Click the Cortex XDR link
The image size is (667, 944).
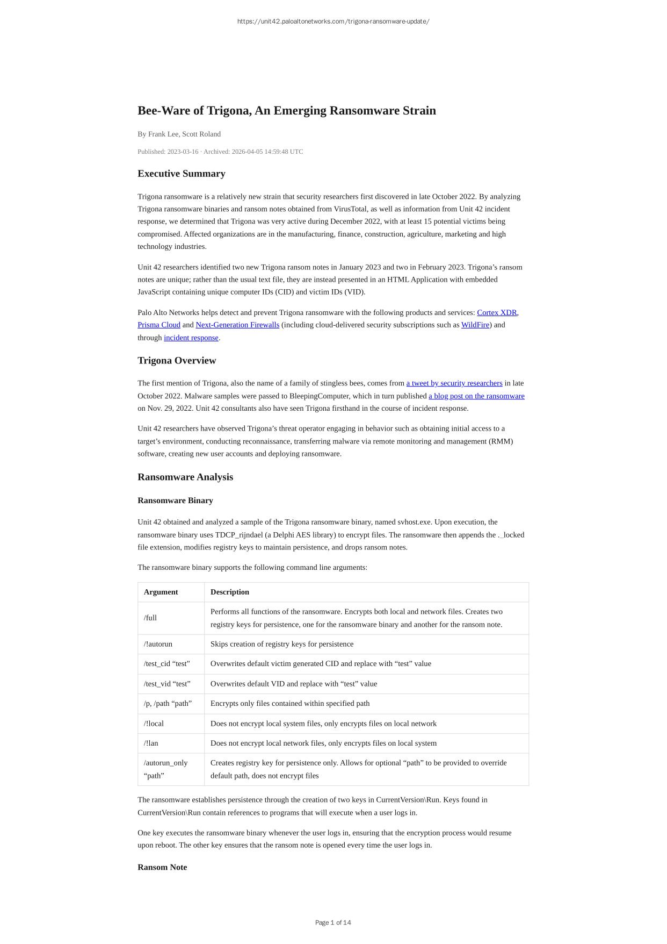coord(497,312)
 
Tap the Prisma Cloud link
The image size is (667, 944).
coord(159,325)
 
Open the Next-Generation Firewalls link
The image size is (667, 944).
coord(237,325)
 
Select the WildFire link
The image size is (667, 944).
coord(475,325)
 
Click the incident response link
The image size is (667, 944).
coord(191,338)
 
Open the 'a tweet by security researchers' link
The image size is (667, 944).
coord(454,383)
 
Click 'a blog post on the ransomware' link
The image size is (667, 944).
coord(476,396)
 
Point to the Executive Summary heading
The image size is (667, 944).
coord(182,174)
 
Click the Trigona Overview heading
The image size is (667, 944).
coord(177,361)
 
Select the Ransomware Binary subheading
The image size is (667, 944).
coord(175,500)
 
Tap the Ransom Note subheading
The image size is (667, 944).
coord(162,867)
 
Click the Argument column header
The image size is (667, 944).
coord(161,592)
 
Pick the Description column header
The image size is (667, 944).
coord(230,592)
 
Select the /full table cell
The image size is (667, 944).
coord(150,618)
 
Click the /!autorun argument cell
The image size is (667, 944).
coord(158,644)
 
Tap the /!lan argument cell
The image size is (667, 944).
coord(151,743)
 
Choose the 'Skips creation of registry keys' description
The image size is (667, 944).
coord(282,644)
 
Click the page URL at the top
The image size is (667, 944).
coord(333,22)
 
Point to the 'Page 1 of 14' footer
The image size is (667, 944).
coord(333,922)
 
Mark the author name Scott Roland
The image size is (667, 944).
coord(201,134)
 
